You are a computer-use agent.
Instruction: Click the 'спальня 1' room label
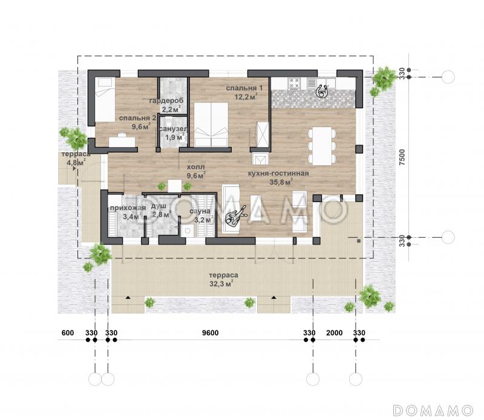click(244, 88)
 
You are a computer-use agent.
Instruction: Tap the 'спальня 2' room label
click(138, 118)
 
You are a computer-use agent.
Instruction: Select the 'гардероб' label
click(166, 100)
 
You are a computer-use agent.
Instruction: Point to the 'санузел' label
click(173, 129)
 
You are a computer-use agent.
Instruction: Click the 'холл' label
click(195, 167)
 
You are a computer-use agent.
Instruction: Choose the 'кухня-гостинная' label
click(278, 173)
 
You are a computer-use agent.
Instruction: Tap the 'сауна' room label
click(200, 211)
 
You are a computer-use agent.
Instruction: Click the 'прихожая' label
click(128, 208)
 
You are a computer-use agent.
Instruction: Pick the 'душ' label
click(159, 206)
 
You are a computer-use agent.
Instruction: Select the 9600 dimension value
click(210, 333)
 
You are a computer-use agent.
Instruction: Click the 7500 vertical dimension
click(402, 157)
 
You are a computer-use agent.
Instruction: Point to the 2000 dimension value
click(335, 333)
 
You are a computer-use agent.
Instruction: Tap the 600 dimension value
click(68, 333)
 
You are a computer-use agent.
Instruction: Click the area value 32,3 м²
click(221, 283)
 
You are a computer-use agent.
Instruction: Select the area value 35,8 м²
click(281, 182)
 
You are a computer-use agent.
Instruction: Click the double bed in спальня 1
click(211, 124)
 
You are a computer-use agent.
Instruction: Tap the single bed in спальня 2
click(103, 99)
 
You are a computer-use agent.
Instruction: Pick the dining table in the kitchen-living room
click(322, 145)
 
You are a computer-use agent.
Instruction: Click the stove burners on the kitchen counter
click(294, 84)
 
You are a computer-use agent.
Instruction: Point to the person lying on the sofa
click(236, 215)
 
